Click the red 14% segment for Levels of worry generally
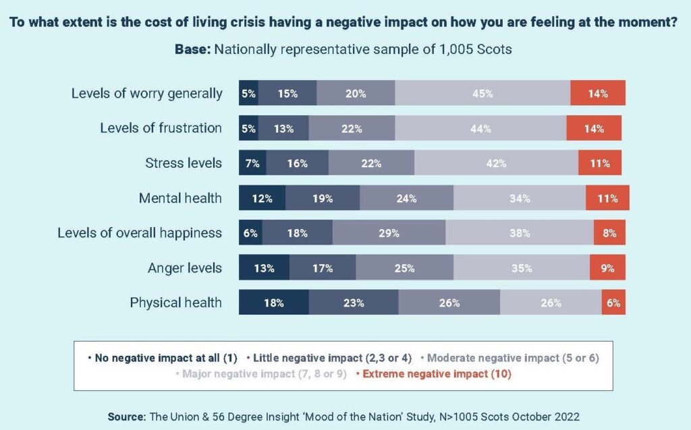click(598, 94)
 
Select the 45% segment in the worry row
click(482, 94)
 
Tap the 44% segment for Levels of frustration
click(480, 129)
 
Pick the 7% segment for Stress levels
click(252, 163)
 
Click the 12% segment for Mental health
click(262, 198)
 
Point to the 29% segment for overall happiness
click(389, 233)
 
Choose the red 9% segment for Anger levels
click(607, 268)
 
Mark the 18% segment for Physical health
click(273, 303)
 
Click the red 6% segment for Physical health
click(613, 303)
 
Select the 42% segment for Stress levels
click(496, 163)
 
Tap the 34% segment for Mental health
click(520, 198)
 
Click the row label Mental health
click(180, 198)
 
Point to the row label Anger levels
click(184, 268)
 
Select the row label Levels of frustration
click(161, 128)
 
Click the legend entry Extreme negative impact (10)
click(435, 374)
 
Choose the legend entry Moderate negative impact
click(512, 358)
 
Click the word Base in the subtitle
click(192, 49)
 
